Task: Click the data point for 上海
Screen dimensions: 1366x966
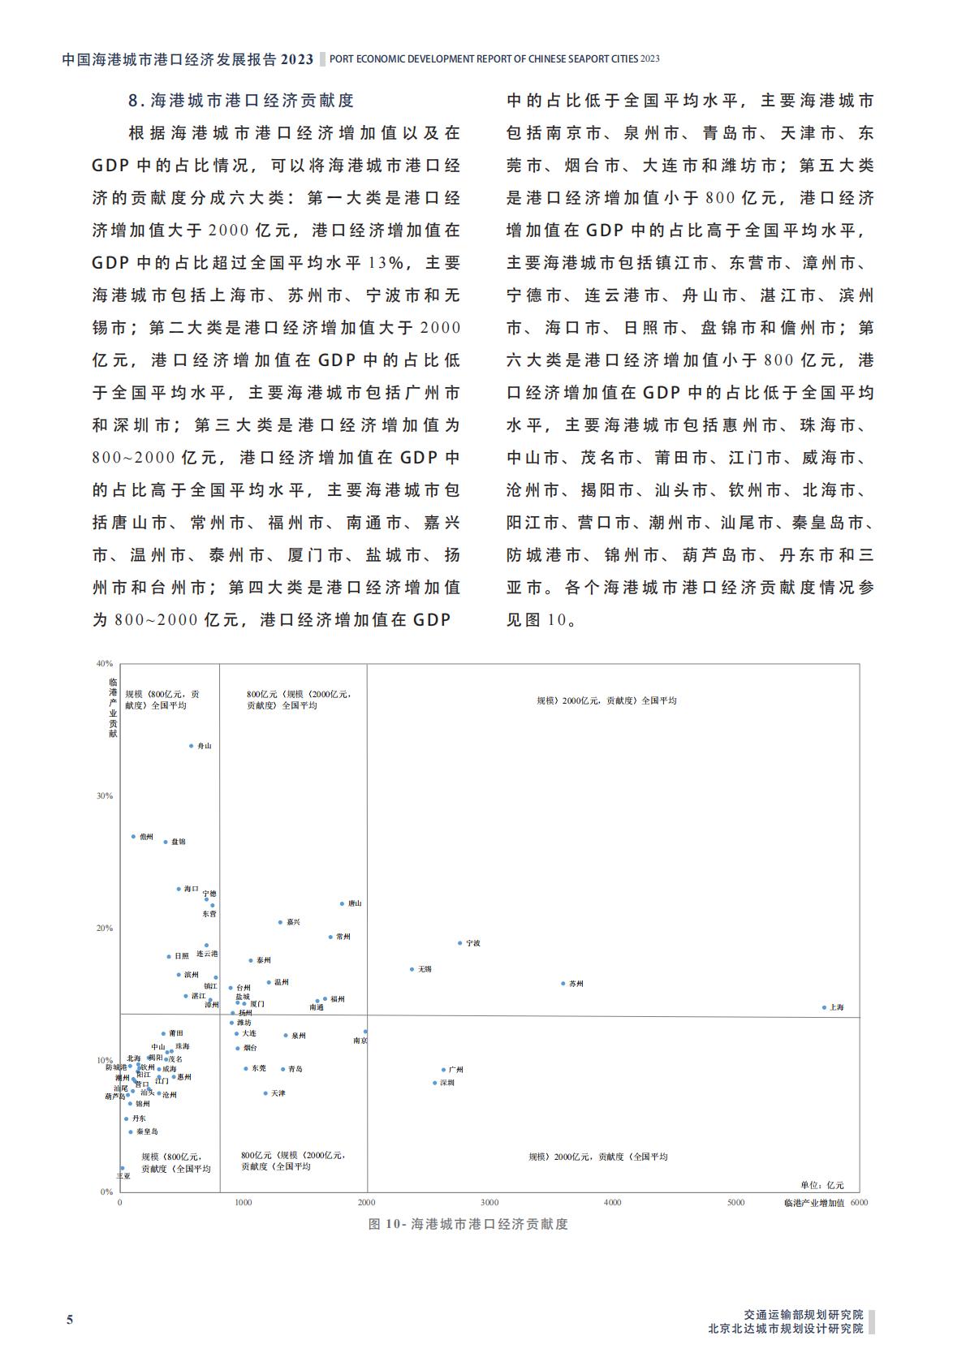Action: point(824,1007)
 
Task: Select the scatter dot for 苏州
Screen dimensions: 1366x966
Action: point(563,984)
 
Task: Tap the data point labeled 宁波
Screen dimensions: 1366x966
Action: point(459,943)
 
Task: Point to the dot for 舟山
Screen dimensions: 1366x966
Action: point(192,745)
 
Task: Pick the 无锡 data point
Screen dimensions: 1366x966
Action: point(412,969)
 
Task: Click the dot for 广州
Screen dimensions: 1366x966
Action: point(443,1070)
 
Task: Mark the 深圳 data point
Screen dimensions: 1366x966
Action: point(434,1083)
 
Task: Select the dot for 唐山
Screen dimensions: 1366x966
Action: point(342,903)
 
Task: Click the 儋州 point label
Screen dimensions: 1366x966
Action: point(146,836)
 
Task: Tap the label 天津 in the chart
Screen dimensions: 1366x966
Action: point(278,1093)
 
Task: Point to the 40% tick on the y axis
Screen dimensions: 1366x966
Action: point(105,663)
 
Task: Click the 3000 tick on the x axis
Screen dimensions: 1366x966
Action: point(489,1202)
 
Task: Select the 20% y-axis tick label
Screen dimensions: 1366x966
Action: point(105,928)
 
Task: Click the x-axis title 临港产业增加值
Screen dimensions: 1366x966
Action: point(814,1203)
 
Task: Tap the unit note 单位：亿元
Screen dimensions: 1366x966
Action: point(822,1185)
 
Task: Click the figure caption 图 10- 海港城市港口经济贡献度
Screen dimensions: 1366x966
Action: point(468,1224)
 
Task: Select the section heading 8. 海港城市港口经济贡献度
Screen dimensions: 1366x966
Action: point(241,101)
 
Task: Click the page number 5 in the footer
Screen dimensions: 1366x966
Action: point(70,1320)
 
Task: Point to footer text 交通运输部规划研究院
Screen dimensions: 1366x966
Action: point(804,1314)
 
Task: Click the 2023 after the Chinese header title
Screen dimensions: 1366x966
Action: point(297,59)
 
